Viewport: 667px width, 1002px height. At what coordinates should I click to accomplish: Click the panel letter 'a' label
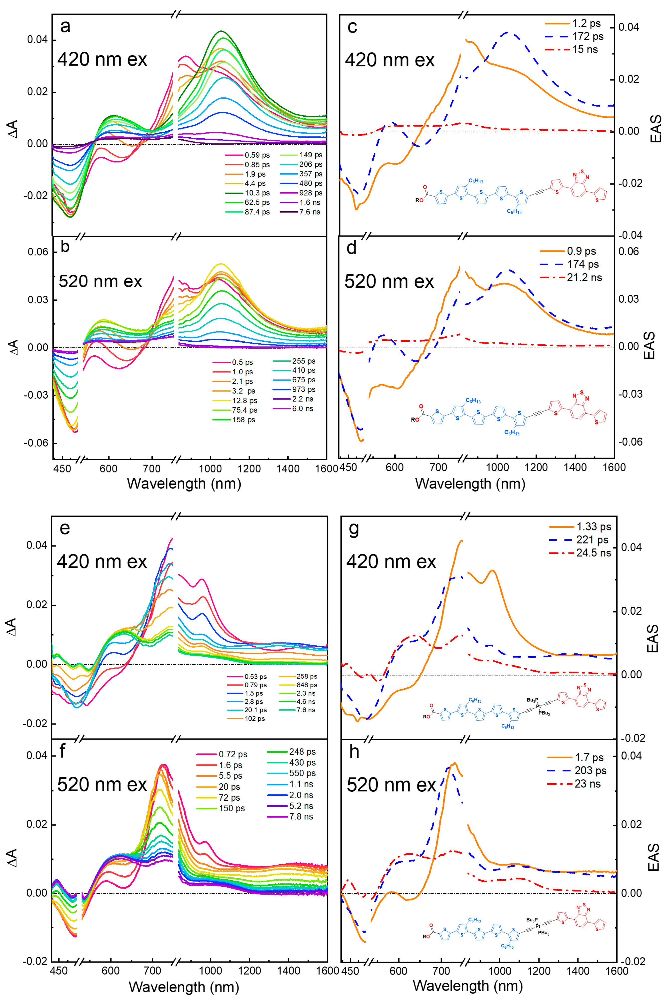pyautogui.click(x=65, y=27)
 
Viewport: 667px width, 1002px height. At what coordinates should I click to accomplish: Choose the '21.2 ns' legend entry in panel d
pyautogui.click(x=584, y=278)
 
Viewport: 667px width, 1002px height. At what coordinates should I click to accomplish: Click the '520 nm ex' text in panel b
pyautogui.click(x=100, y=281)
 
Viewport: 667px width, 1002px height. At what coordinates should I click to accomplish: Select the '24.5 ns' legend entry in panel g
pyautogui.click(x=593, y=553)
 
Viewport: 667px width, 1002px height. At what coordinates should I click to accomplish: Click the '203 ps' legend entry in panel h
pyautogui.click(x=590, y=771)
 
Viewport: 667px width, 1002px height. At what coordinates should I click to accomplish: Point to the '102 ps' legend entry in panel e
pyautogui.click(x=254, y=719)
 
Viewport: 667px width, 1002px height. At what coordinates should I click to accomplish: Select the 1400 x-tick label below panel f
pyautogui.click(x=288, y=971)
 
